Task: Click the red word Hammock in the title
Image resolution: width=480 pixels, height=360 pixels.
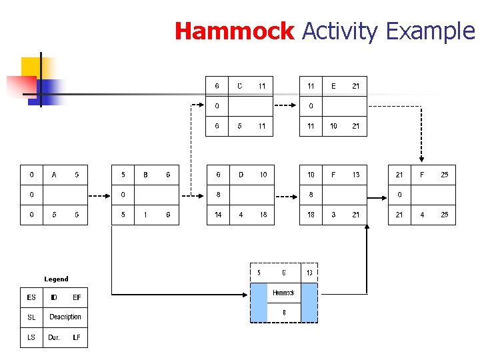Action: point(234,31)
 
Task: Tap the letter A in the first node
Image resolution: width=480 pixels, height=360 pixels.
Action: point(54,175)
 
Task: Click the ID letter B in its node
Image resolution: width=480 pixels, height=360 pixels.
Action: point(145,175)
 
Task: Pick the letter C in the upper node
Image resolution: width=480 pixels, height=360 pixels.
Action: point(240,86)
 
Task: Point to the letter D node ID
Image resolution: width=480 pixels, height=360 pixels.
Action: point(241,175)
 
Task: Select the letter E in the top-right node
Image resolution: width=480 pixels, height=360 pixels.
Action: point(333,86)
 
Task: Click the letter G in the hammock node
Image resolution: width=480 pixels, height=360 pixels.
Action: point(284,273)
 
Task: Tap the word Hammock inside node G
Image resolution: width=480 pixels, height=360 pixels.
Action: point(284,293)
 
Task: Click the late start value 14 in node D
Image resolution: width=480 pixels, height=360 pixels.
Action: point(218,215)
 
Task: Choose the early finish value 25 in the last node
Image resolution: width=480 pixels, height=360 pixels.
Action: point(444,175)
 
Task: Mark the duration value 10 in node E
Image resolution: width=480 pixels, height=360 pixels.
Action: point(333,126)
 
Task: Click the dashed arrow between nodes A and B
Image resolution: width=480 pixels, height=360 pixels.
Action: point(99,195)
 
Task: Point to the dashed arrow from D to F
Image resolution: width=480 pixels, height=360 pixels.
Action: point(285,195)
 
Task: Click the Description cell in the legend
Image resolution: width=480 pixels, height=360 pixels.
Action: point(65,317)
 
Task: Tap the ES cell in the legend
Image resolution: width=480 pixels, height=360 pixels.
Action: point(31,297)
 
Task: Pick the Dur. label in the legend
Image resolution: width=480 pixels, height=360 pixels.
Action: point(54,337)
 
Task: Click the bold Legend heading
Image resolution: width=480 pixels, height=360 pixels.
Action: point(56,279)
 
